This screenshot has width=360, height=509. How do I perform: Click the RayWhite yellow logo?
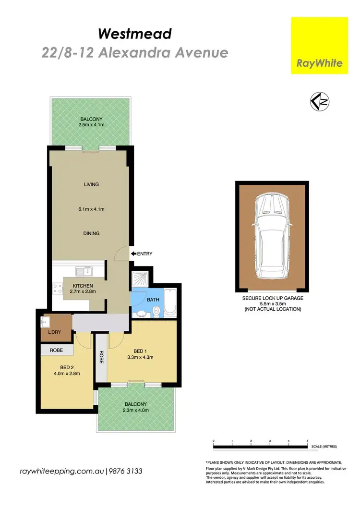pos(319,46)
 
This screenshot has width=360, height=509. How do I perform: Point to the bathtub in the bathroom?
pos(170,302)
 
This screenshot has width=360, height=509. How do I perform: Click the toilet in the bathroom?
pos(157,313)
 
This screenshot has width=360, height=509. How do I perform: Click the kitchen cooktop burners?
pos(57,288)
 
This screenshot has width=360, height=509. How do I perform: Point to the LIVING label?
pos(91,184)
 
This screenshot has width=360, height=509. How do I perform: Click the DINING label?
pos(91,233)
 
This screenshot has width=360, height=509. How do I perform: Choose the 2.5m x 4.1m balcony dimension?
pos(91,125)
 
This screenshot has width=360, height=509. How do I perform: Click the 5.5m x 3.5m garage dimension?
pos(272,303)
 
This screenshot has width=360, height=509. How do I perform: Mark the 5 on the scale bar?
pos(307,441)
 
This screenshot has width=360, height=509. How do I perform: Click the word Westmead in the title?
pos(134,34)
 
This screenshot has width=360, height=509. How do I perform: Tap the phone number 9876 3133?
pos(126,471)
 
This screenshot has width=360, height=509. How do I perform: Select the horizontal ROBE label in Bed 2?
pos(57,350)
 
